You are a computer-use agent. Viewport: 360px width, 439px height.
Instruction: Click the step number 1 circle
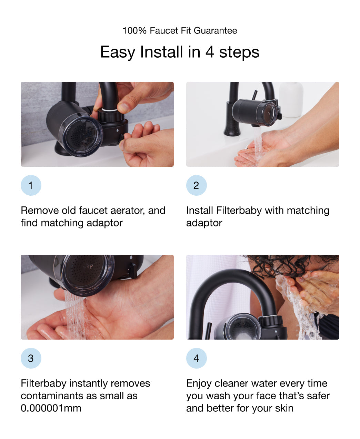coord(31,185)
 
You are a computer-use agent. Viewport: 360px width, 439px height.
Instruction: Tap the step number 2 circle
coord(196,185)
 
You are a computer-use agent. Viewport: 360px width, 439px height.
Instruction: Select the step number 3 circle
coord(31,358)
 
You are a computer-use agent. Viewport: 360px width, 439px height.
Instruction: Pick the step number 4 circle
coord(196,358)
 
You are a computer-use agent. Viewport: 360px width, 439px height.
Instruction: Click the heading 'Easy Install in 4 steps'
coord(180,52)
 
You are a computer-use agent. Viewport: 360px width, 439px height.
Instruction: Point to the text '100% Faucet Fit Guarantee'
coord(180,31)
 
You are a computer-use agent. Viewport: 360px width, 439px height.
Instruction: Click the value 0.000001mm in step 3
coord(51,408)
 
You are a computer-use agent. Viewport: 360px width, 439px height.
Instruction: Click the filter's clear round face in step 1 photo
coord(81,135)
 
